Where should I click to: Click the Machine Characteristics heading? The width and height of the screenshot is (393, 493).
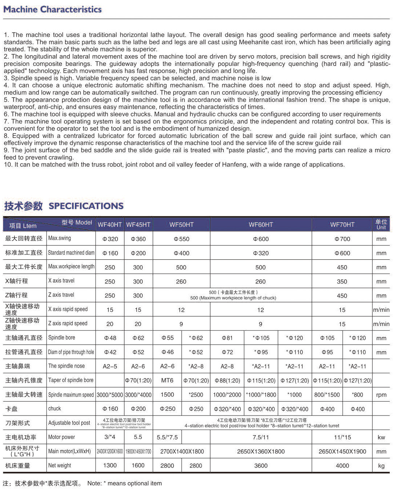click(x=52, y=9)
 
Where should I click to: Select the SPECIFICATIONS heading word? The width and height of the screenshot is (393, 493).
click(x=86, y=206)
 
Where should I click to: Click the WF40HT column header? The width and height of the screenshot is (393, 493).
click(x=110, y=224)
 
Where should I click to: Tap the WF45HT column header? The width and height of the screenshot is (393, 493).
click(x=138, y=224)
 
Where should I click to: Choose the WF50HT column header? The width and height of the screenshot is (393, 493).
click(x=181, y=224)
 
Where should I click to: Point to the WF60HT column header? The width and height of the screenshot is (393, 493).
click(x=261, y=224)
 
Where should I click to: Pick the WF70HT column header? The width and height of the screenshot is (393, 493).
click(x=342, y=224)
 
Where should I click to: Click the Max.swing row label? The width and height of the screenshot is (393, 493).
click(x=60, y=238)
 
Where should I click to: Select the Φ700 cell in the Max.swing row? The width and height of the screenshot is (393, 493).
click(x=342, y=239)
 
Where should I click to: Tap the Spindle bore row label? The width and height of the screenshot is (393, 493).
click(x=62, y=338)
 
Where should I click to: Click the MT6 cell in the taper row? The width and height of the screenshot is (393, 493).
click(x=167, y=380)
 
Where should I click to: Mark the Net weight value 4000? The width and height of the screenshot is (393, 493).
click(x=342, y=465)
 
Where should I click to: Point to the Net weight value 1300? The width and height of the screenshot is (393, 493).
click(x=110, y=465)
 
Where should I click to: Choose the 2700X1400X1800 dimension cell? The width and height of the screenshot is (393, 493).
click(x=182, y=451)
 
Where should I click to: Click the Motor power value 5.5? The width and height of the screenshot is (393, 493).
click(x=138, y=437)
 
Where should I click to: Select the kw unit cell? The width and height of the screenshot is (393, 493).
click(x=381, y=437)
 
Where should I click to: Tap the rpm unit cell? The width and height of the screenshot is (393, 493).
click(x=381, y=395)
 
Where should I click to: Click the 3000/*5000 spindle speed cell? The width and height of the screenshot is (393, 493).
click(x=110, y=395)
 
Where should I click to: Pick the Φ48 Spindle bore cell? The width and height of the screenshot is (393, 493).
click(x=110, y=338)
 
